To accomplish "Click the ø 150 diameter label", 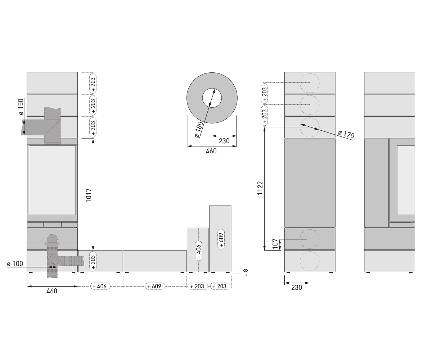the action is click(21, 107).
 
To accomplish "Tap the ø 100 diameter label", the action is click(15, 264).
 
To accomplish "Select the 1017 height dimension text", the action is click(89, 195).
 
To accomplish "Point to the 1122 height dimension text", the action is click(260, 188).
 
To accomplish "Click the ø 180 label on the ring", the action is click(199, 130).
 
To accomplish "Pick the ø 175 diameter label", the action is click(346, 135).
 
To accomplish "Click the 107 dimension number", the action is click(275, 243).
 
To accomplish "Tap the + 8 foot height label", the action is click(246, 273).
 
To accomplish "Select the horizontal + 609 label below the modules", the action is click(155, 286).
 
